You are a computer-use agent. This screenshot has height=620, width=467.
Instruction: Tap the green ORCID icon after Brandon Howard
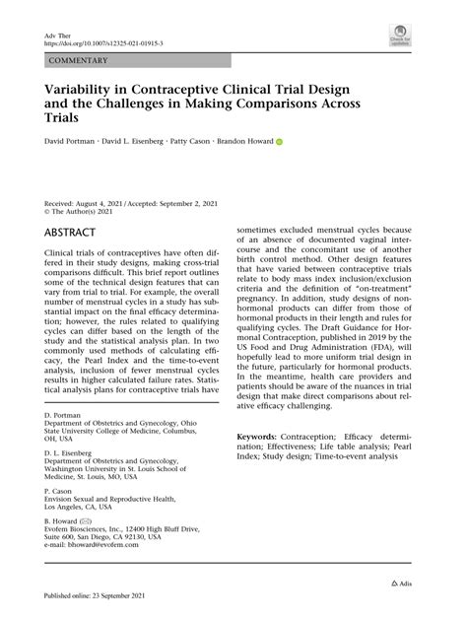pos(279,142)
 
